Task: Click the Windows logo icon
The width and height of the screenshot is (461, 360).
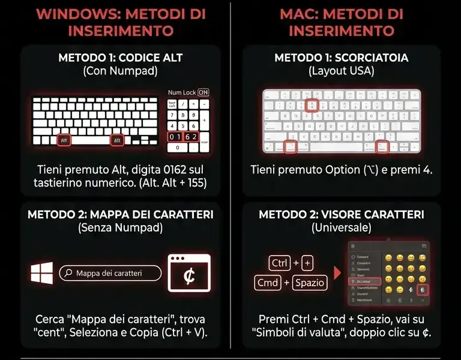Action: click(43, 274)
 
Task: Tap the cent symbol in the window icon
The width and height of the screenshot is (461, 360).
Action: click(189, 277)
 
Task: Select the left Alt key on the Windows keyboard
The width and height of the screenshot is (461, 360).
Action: click(65, 140)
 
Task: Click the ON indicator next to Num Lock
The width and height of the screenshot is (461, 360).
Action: click(204, 92)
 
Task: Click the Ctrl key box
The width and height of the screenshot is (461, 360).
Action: click(280, 263)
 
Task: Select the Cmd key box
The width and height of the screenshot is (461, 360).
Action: click(268, 282)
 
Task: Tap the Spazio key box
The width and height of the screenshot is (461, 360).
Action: click(309, 282)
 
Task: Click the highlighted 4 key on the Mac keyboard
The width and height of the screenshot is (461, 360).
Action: click(310, 104)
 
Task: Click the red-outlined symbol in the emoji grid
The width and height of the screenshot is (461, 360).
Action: click(422, 290)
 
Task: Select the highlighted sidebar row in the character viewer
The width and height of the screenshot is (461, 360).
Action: click(364, 281)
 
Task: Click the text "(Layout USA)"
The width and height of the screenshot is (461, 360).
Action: click(341, 71)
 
